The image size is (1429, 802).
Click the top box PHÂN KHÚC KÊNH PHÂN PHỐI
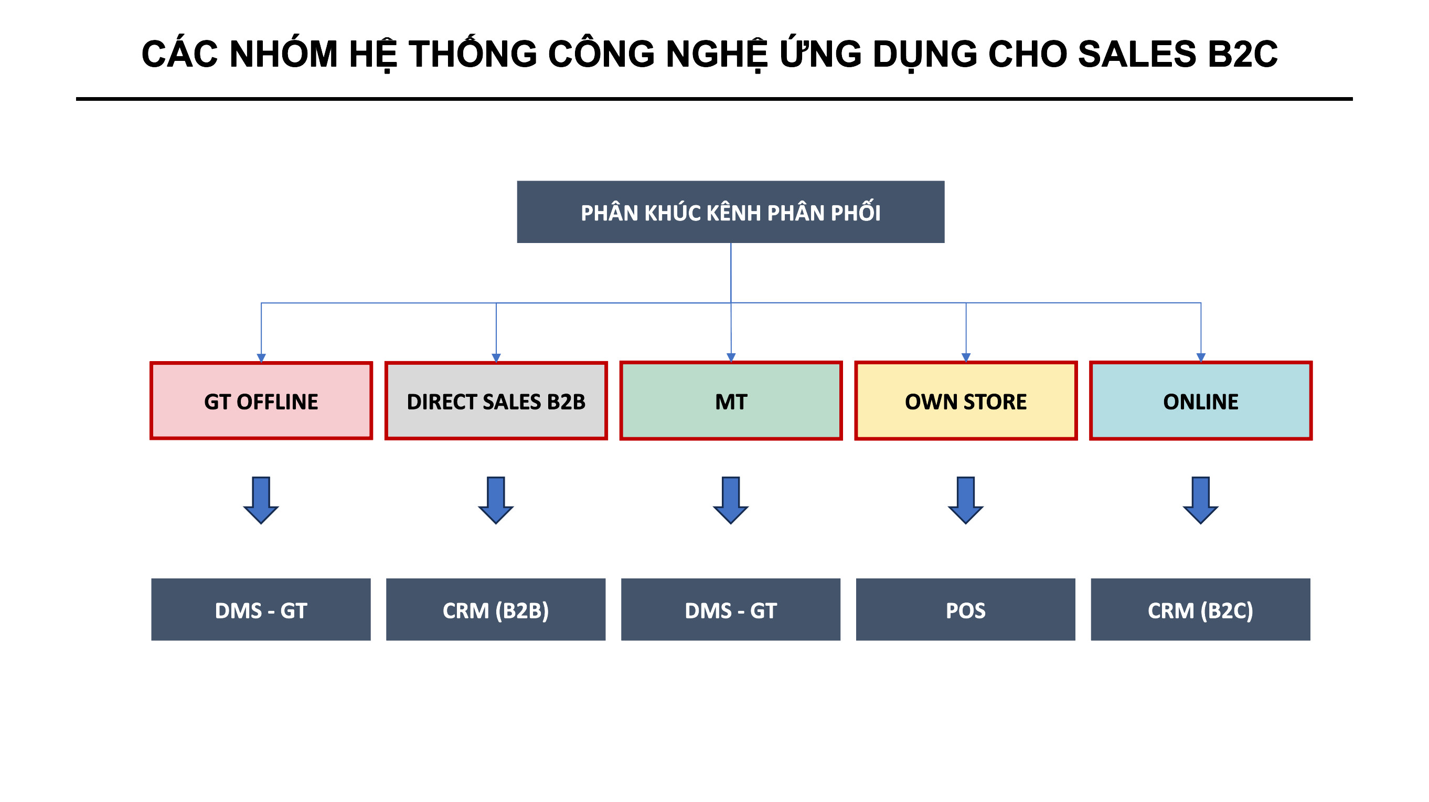[x=731, y=212]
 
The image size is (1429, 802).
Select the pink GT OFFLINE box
[x=261, y=400]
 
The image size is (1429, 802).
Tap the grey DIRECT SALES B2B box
[x=496, y=400]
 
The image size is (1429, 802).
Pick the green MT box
[x=731, y=400]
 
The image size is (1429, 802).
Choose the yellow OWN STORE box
[x=966, y=400]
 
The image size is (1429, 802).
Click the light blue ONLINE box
[x=1201, y=400]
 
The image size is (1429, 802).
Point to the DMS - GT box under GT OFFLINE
[x=261, y=609]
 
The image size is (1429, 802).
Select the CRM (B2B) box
[x=496, y=609]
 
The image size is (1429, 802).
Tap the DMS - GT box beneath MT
[x=731, y=609]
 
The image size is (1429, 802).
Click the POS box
[x=966, y=609]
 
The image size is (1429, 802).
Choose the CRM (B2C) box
[x=1200, y=609]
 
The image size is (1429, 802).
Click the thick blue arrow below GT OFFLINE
[x=261, y=500]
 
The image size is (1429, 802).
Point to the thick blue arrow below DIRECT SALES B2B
[x=496, y=500]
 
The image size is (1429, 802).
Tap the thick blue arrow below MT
[x=731, y=500]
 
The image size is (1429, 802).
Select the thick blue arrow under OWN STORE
[x=966, y=500]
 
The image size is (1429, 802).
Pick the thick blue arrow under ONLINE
[x=1201, y=500]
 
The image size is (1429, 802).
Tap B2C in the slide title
[x=1243, y=54]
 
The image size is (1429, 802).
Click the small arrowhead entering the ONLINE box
[x=1201, y=358]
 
